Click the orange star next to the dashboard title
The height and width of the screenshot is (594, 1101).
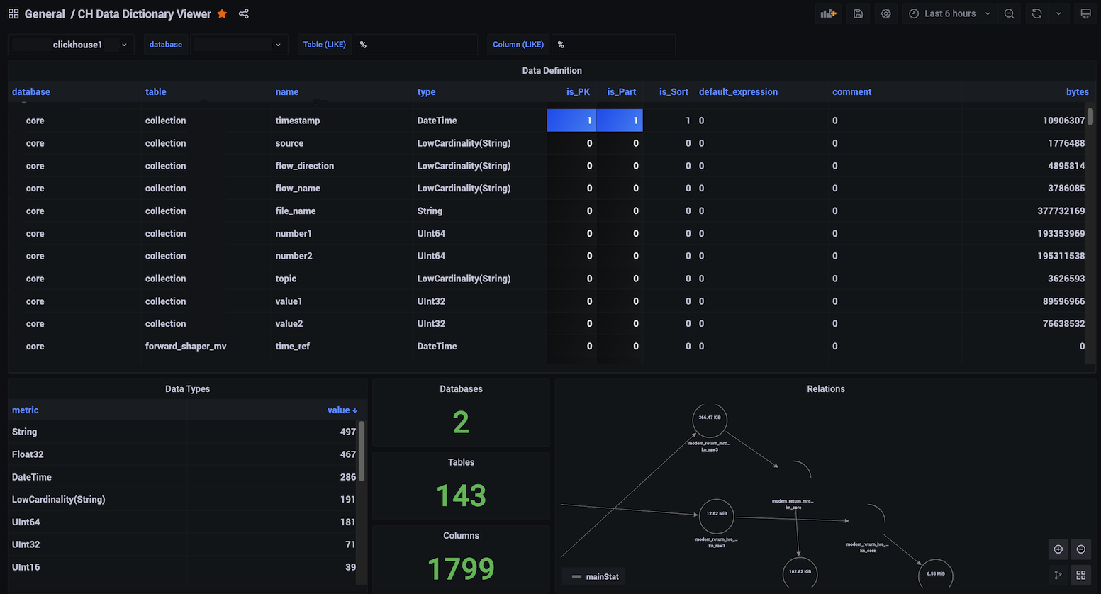pos(222,14)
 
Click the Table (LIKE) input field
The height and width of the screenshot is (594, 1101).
pos(415,45)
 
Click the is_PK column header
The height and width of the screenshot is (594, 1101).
pos(578,92)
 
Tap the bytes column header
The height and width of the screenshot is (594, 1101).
pos(1077,92)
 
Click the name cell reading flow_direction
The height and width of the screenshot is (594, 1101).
pos(305,166)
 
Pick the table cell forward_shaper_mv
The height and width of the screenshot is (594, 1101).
pos(186,347)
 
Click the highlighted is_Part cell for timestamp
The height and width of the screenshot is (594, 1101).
pos(620,121)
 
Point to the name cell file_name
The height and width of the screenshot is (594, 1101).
pos(296,211)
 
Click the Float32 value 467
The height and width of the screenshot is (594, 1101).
pos(347,454)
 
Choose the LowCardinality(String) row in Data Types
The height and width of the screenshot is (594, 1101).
pos(59,500)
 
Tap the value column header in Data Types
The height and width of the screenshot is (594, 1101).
pos(342,410)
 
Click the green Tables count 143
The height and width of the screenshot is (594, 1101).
pos(461,495)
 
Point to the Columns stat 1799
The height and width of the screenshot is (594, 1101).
pos(461,568)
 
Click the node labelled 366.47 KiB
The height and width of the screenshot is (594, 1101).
pos(710,419)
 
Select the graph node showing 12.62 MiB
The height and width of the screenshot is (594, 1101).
pos(716,515)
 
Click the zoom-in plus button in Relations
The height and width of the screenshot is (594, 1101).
pos(1058,549)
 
